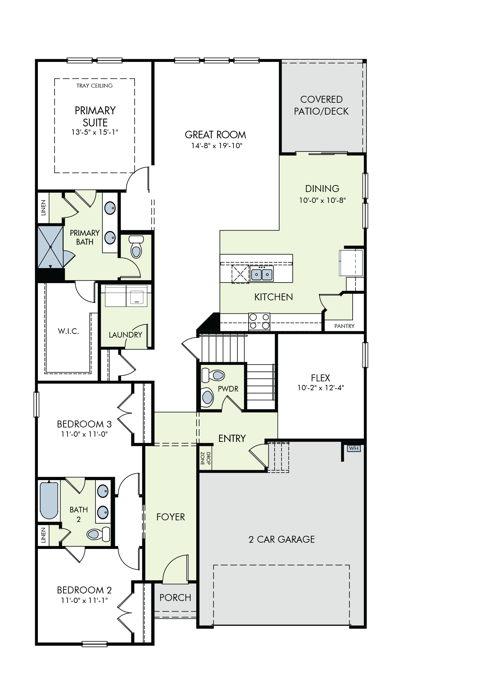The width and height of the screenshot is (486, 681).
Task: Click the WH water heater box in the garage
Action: tap(354, 448)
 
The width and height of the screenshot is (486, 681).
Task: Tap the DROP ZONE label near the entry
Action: tap(205, 458)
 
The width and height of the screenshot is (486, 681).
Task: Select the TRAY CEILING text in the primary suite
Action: tap(94, 86)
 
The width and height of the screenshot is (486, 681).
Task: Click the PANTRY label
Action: tap(344, 326)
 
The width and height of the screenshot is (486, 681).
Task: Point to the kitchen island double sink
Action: tap(262, 274)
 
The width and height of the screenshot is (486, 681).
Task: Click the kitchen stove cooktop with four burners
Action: tap(259, 322)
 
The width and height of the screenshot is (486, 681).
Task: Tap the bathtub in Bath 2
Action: tap(49, 500)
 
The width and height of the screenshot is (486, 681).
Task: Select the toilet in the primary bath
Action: tap(135, 246)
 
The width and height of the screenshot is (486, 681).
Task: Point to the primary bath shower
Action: tap(50, 247)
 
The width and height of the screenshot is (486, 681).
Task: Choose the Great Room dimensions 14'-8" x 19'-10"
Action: tap(217, 146)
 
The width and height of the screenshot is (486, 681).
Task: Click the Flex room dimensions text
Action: tap(320, 388)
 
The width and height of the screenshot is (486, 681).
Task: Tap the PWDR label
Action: tap(228, 389)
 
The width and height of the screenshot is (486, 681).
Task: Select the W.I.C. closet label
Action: tap(68, 332)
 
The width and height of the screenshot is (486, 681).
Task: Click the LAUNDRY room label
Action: tap(125, 335)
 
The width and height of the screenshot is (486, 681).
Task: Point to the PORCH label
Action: tap(175, 598)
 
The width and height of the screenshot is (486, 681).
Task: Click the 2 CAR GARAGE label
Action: tap(282, 539)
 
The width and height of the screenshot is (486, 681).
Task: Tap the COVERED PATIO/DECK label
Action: tap(321, 105)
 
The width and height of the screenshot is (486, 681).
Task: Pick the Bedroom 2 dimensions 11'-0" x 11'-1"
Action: tap(84, 601)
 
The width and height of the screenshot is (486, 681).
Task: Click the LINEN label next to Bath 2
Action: tap(43, 535)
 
